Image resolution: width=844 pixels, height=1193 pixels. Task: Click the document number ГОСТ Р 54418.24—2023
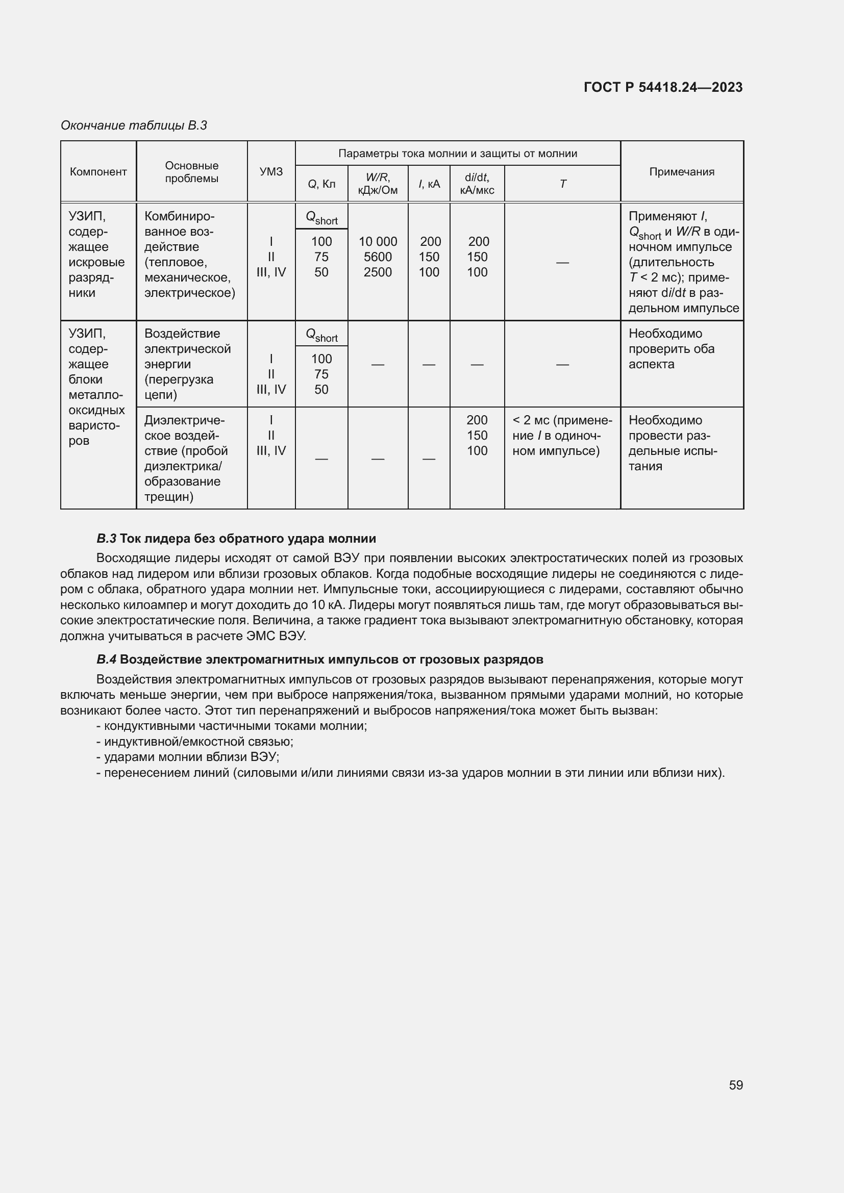tap(663, 87)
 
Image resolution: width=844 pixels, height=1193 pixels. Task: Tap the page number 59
tap(735, 1085)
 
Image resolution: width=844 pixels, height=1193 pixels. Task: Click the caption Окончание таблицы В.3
tap(134, 125)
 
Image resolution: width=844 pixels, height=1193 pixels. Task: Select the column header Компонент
tap(98, 172)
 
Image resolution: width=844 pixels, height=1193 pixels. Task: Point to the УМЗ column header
tap(271, 172)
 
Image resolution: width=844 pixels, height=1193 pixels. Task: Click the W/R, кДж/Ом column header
tap(377, 184)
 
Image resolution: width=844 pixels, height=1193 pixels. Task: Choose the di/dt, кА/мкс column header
tap(477, 184)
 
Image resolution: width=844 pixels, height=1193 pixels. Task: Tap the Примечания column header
tap(681, 172)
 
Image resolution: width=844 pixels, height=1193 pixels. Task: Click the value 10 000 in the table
tap(377, 242)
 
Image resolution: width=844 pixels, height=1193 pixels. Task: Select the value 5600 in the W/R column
tap(377, 257)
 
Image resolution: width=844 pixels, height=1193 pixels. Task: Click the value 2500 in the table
tap(377, 272)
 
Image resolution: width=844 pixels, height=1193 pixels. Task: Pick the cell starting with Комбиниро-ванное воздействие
tap(190, 255)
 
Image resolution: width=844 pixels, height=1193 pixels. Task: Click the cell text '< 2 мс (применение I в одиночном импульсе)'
tap(562, 436)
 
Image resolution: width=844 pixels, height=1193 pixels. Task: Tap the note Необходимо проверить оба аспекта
tap(671, 349)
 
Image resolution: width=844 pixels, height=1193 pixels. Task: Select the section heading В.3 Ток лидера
tap(236, 538)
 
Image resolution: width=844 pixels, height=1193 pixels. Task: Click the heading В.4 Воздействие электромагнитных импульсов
tap(319, 659)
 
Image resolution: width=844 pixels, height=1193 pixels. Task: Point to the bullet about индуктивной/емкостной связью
tap(194, 742)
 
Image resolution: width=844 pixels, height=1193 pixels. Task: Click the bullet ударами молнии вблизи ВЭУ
tap(188, 757)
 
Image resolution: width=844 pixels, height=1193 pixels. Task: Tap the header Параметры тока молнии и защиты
tap(457, 154)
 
